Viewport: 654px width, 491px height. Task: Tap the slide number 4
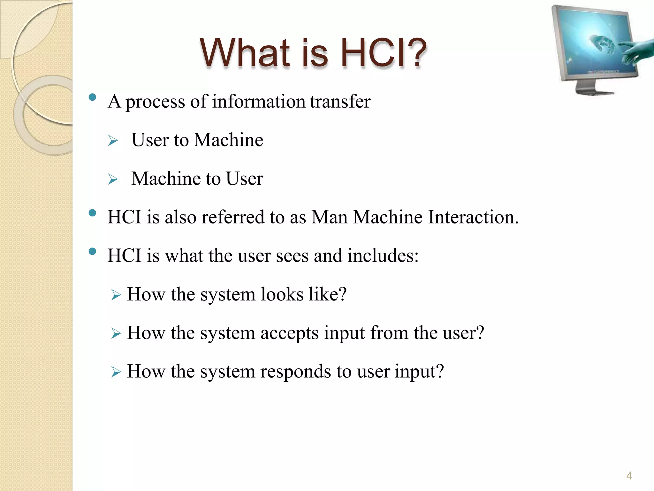click(629, 476)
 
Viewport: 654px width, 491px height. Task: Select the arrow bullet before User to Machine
click(113, 141)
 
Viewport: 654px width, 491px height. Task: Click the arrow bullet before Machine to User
click(113, 179)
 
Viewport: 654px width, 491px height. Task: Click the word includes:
click(383, 256)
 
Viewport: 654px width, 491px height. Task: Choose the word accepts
click(289, 333)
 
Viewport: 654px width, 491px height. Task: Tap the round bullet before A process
click(93, 97)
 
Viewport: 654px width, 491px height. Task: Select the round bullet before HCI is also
click(93, 213)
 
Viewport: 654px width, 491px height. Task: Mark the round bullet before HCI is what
click(93, 252)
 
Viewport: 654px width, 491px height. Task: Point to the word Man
click(329, 217)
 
